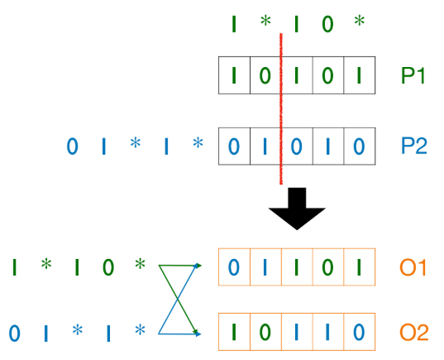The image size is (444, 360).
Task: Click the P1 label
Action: (413, 75)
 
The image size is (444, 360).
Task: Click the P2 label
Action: (413, 146)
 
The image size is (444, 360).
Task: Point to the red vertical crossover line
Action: (282, 108)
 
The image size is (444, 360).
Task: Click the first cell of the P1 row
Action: (234, 75)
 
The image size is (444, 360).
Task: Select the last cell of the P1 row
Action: (358, 75)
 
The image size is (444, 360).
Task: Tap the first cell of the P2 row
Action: (234, 146)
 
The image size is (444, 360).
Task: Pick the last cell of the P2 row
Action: (358, 146)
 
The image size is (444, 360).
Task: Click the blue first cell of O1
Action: (234, 266)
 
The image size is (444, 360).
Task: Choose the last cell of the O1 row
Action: (358, 266)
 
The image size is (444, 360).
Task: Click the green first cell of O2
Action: (234, 334)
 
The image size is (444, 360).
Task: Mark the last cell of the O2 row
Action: (358, 334)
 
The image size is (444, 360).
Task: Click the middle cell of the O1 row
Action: (296, 266)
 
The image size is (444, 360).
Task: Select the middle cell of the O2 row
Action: (296, 334)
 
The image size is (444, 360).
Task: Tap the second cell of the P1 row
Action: (265, 75)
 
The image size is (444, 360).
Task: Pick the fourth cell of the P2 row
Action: (327, 146)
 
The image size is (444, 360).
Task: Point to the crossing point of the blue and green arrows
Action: (179, 300)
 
